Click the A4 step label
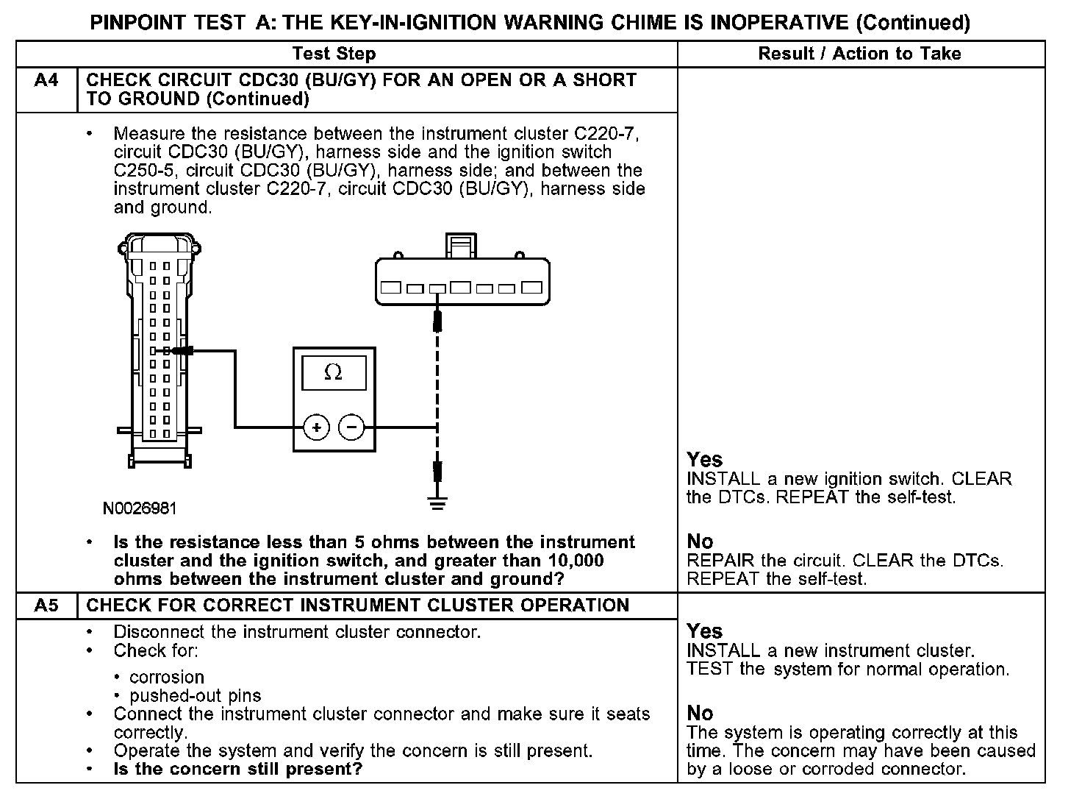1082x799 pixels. (x=46, y=80)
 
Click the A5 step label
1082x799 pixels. (x=46, y=606)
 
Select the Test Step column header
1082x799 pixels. (x=334, y=54)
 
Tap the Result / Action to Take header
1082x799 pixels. (x=859, y=54)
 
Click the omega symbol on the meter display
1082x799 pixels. (x=333, y=373)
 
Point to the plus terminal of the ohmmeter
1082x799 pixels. (x=317, y=427)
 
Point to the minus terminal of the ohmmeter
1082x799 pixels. (x=351, y=427)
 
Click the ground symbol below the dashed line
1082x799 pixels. (x=437, y=504)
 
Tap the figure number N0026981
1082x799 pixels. (x=140, y=508)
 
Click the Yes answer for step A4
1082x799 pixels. (x=704, y=460)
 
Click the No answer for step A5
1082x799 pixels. (x=700, y=713)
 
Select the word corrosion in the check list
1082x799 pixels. (x=167, y=677)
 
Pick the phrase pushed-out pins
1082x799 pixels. (x=195, y=695)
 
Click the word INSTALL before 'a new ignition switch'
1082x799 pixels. (x=723, y=479)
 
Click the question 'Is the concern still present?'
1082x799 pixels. (x=238, y=770)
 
